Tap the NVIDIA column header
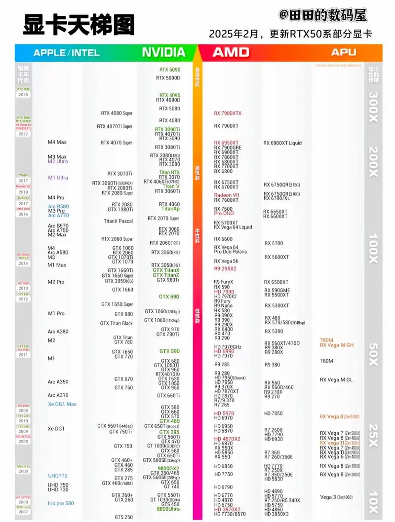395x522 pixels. coord(163,52)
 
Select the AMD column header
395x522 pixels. coord(231,52)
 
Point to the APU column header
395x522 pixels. coord(344,52)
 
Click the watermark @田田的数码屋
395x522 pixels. coord(323,15)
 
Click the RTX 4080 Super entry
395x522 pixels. coord(117,113)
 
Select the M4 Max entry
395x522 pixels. coord(57,143)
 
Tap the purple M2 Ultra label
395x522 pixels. coord(58,162)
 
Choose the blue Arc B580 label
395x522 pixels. coord(58,207)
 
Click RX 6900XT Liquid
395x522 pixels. coord(282,144)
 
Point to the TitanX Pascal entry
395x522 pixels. coord(118,221)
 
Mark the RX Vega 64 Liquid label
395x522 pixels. coord(233,227)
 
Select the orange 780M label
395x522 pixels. coord(327,340)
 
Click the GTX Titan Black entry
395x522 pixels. coord(116,324)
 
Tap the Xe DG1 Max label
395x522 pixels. coord(62,405)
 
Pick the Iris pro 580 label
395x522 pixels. coord(61,503)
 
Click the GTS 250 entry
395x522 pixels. coord(123,517)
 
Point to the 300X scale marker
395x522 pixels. coord(374,105)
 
